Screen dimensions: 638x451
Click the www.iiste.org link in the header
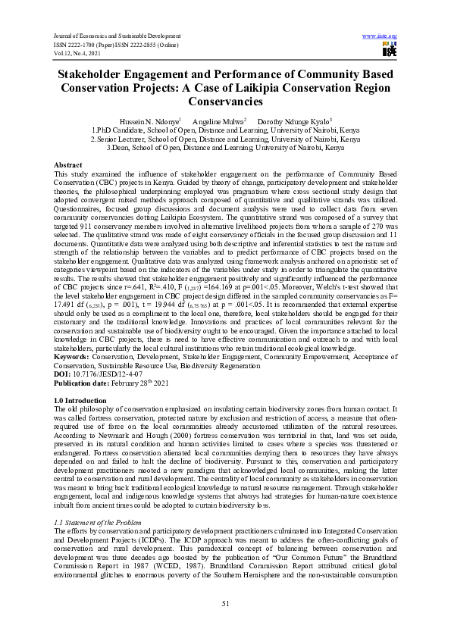click(381, 36)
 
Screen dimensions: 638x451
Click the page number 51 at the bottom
click(225, 602)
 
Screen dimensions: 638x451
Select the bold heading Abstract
click(68, 165)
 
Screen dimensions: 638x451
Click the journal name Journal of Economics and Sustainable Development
click(117, 36)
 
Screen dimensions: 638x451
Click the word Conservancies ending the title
click(225, 100)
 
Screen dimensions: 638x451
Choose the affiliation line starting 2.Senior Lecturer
click(224, 139)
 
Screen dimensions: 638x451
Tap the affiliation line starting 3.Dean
click(224, 148)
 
